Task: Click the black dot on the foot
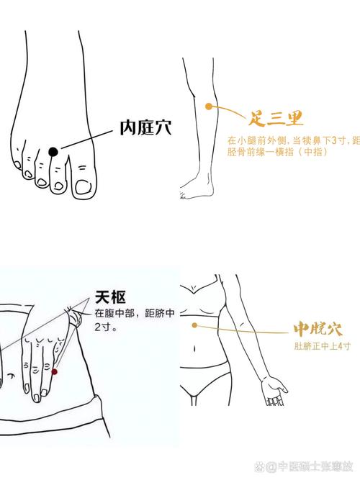coord(53,151)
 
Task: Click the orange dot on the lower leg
coord(209,107)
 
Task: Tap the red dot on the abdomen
coord(54,371)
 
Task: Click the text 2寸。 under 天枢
coord(105,327)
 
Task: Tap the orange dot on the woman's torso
coord(194,325)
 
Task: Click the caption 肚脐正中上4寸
coord(322,347)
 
